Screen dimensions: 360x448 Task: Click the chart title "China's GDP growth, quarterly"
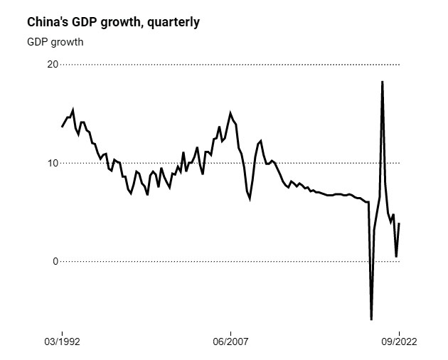pyautogui.click(x=113, y=22)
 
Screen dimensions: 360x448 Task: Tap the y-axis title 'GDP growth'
pyautogui.click(x=55, y=41)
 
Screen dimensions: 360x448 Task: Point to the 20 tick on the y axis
pyautogui.click(x=51, y=65)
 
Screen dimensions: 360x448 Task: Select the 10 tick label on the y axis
pyautogui.click(x=51, y=163)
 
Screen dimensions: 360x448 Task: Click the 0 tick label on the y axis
pyautogui.click(x=54, y=261)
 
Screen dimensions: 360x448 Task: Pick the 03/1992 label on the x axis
pyautogui.click(x=62, y=342)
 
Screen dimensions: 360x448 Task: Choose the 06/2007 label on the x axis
pyautogui.click(x=230, y=342)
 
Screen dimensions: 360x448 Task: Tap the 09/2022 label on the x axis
pyautogui.click(x=399, y=342)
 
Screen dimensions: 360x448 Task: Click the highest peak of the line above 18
pyautogui.click(x=383, y=82)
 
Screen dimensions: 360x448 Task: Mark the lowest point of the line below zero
pyautogui.click(x=371, y=319)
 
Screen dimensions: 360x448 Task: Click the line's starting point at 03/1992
pyautogui.click(x=62, y=127)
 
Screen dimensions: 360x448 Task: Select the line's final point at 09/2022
pyautogui.click(x=399, y=223)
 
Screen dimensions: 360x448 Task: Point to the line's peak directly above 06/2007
pyautogui.click(x=230, y=113)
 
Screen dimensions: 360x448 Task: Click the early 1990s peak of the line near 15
pyautogui.click(x=73, y=110)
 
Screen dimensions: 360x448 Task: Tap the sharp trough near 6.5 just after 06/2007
pyautogui.click(x=250, y=198)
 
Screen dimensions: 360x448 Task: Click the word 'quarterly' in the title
pyautogui.click(x=174, y=22)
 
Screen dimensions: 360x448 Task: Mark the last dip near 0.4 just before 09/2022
pyautogui.click(x=396, y=256)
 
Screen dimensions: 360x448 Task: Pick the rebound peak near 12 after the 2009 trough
pyautogui.click(x=261, y=141)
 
